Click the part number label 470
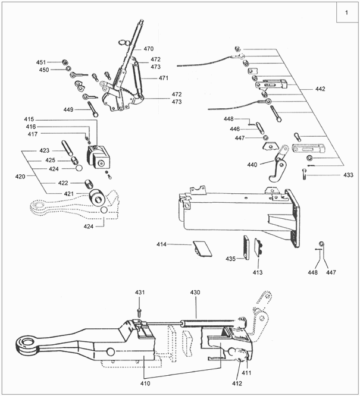point(148,48)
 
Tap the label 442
point(320,89)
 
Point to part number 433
point(348,175)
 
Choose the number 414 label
point(162,244)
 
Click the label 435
point(231,259)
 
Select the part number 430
point(196,293)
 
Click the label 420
point(20,177)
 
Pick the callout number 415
point(30,120)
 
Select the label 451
point(41,62)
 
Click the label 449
point(68,109)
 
